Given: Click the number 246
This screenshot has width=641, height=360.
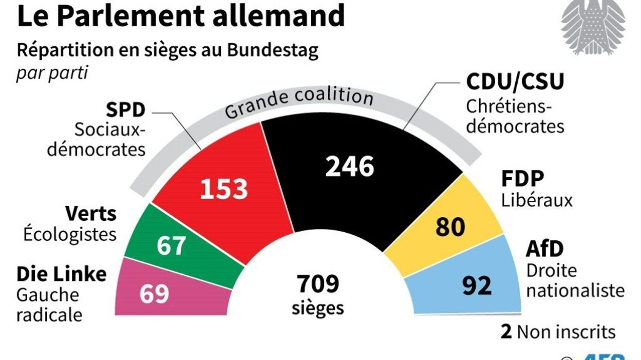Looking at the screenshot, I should (350, 166).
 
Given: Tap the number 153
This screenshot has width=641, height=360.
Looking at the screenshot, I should (224, 189).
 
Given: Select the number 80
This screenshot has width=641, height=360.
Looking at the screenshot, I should (450, 226).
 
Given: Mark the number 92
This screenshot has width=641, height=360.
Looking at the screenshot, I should (477, 286).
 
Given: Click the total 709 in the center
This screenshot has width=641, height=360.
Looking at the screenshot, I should (317, 283).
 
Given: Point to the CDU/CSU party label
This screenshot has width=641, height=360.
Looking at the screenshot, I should (515, 82).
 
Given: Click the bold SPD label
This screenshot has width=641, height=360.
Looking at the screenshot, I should (126, 110).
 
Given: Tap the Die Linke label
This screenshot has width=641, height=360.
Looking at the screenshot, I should (62, 274).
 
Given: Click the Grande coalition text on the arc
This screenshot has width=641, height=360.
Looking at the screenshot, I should (299, 101).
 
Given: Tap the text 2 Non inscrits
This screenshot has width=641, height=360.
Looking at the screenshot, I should (558, 332).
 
